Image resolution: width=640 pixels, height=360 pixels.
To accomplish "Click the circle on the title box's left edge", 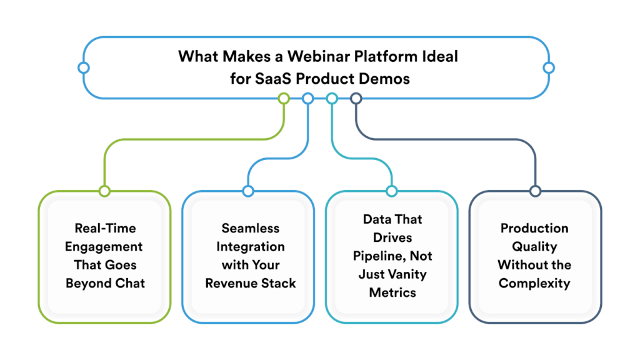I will (84, 67).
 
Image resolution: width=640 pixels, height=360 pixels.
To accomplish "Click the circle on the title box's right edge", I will (549, 67).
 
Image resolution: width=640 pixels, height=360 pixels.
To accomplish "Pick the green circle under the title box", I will (284, 98).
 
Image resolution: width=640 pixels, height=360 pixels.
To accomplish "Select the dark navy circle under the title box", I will (356, 98).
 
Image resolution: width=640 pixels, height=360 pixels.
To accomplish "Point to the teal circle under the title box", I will (332, 98).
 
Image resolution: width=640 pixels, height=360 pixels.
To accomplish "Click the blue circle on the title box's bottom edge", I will (307, 98).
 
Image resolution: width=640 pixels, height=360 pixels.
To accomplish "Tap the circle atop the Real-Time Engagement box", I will (104, 191).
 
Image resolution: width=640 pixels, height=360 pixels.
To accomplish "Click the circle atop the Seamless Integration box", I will (248, 191).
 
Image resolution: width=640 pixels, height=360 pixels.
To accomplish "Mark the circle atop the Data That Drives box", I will (391, 191).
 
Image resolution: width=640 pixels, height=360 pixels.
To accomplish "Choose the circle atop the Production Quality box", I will (535, 191).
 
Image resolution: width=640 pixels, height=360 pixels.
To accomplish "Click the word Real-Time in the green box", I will (104, 228).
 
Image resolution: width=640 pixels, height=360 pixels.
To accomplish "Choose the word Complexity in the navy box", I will (535, 283).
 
